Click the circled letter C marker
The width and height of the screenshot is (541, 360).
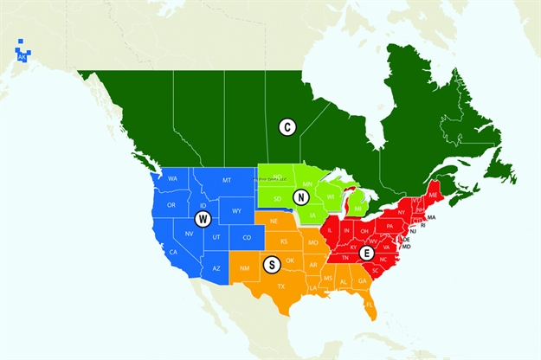[x=287, y=127]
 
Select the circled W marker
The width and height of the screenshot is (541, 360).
[x=203, y=218]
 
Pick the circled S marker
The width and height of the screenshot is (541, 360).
[x=270, y=263]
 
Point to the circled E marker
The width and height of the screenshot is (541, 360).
[x=367, y=253]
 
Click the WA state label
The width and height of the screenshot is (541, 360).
[x=172, y=179]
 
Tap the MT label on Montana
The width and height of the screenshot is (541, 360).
[x=227, y=180]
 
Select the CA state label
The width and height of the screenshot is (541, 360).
[x=173, y=252]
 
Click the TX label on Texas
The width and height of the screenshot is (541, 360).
[x=280, y=286]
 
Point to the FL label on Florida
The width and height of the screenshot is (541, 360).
[x=369, y=305]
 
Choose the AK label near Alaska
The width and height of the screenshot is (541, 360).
[x=22, y=57]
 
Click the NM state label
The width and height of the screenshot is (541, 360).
[x=244, y=268]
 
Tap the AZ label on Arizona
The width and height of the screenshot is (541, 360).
[x=217, y=269]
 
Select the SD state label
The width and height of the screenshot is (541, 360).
[x=277, y=199]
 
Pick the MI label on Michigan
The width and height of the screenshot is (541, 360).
[x=357, y=209]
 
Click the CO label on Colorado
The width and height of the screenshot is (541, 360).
[x=247, y=238]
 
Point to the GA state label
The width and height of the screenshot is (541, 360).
[x=362, y=280]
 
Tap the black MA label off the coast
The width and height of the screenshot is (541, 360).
[x=431, y=217]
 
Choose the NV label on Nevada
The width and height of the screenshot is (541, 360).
[x=189, y=234]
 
